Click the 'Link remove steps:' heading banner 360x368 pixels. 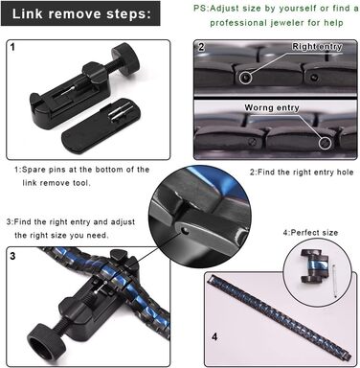coord(80,13)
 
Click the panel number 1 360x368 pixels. coord(12,48)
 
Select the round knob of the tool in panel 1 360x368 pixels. coord(126,58)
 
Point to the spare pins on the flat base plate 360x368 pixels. coord(121,111)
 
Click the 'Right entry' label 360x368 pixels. coord(317,47)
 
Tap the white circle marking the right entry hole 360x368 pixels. coord(245,78)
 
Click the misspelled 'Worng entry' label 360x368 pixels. coord(272,108)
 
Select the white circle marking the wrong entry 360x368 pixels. coord(326,143)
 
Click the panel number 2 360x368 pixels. coord(201,47)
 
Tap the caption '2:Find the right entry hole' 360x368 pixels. coord(302,172)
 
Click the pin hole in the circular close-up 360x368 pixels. coord(183,230)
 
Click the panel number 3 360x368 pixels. coord(12,256)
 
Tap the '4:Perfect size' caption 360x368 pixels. coord(310,233)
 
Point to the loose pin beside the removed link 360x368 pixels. coord(333,282)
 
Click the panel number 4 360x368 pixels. coord(214,336)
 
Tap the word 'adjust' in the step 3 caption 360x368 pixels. coord(123,222)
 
